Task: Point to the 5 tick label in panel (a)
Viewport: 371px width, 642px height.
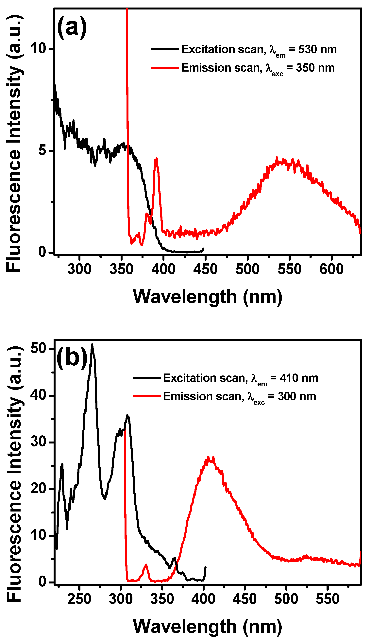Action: [42, 150]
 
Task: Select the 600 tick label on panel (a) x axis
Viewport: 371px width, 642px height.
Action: [331, 269]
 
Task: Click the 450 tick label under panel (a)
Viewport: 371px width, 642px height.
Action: [205, 269]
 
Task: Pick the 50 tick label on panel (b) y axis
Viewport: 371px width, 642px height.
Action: [38, 348]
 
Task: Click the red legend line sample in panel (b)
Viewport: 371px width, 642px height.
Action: [146, 396]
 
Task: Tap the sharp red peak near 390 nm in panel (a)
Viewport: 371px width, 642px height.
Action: [156, 159]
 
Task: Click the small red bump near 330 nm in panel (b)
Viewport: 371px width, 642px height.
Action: [146, 565]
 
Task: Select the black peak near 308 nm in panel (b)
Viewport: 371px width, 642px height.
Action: [127, 416]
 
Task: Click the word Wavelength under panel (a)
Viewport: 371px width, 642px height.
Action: [185, 297]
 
